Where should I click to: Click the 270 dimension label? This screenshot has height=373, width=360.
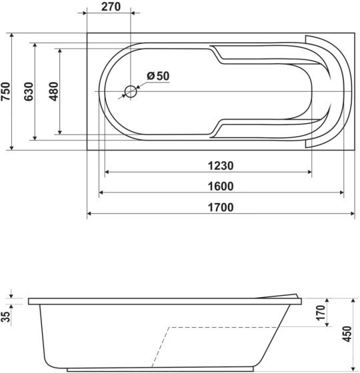click(x=111, y=7)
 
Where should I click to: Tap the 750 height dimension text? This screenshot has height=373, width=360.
click(x=6, y=91)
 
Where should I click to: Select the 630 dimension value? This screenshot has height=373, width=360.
click(x=29, y=91)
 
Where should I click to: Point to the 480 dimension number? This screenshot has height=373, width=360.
click(x=53, y=91)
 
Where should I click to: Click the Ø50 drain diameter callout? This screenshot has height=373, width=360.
click(x=158, y=76)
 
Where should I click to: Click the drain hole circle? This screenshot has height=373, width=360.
click(x=131, y=92)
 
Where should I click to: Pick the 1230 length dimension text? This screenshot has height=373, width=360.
click(x=221, y=166)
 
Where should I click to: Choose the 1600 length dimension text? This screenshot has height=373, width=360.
click(x=221, y=186)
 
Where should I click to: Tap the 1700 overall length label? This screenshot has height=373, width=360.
click(x=221, y=207)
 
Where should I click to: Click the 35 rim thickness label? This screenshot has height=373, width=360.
click(x=6, y=316)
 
